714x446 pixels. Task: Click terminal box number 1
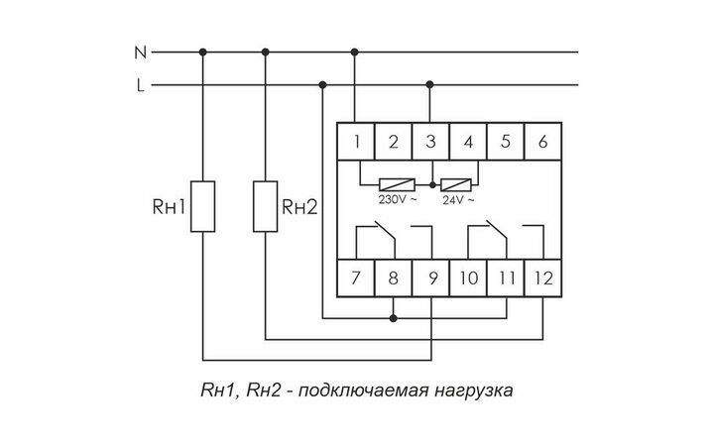click(354, 140)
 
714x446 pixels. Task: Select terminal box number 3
click(430, 140)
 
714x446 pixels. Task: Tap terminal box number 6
click(543, 140)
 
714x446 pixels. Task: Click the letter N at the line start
click(140, 50)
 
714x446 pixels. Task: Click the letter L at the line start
click(140, 85)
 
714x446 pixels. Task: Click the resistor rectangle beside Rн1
click(203, 206)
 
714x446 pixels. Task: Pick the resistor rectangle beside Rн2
click(266, 206)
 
